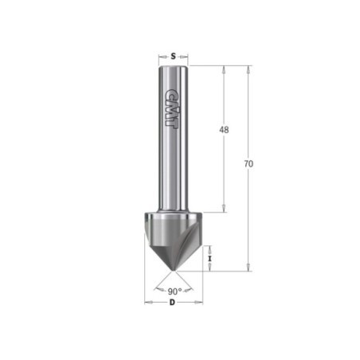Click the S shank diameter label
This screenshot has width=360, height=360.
click(173, 57)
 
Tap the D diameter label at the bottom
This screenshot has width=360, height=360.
click(173, 302)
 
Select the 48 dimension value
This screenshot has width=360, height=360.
click(224, 130)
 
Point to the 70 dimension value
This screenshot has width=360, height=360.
click(248, 164)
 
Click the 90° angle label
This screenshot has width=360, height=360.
click(174, 292)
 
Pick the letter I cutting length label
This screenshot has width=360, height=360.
click(209, 258)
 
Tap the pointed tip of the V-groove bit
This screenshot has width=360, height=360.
click(174, 271)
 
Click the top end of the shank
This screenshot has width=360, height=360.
click(174, 66)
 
